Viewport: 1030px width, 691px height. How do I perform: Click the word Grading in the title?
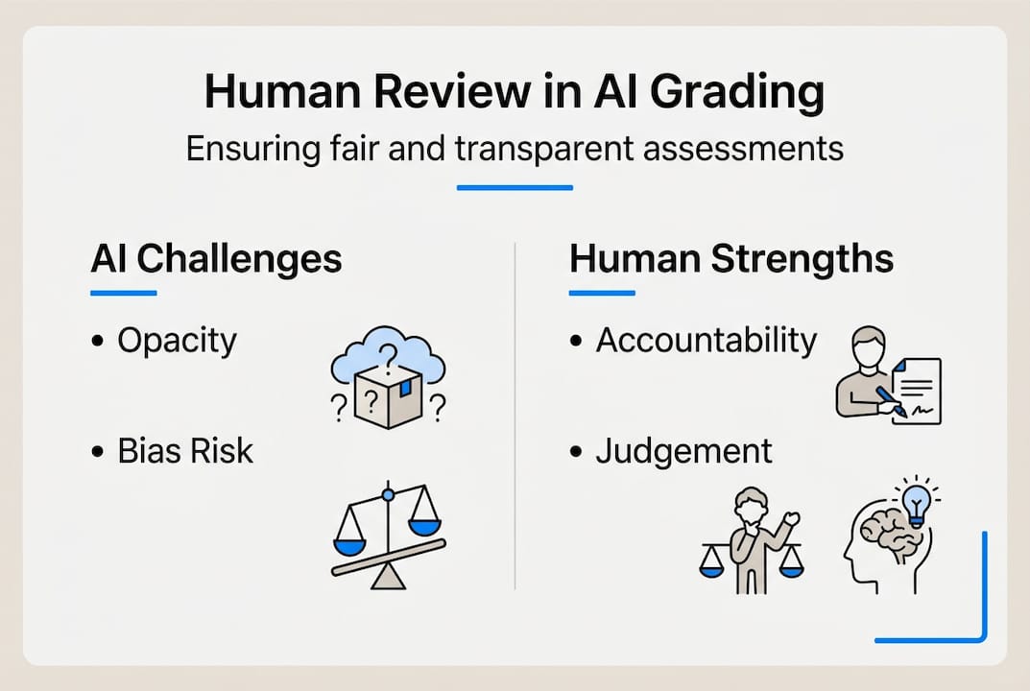point(737,93)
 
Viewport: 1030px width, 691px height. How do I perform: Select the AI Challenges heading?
point(217,258)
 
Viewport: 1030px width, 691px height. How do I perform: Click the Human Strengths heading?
point(731,257)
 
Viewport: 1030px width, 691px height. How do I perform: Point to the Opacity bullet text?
point(177,341)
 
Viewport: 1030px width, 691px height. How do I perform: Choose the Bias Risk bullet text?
point(185,451)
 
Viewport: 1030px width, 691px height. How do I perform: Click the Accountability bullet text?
point(707,341)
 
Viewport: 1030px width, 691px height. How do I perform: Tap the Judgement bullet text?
point(683,452)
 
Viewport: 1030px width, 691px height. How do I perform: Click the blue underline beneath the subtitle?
point(515,188)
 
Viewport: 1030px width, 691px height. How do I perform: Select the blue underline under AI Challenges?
point(124,293)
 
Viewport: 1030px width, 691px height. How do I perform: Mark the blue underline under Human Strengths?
point(602,293)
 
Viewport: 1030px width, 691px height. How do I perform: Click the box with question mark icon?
point(388,396)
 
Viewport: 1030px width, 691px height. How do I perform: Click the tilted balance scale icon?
point(389,535)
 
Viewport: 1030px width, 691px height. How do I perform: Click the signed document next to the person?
point(917,391)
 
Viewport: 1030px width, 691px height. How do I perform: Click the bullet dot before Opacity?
point(98,341)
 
